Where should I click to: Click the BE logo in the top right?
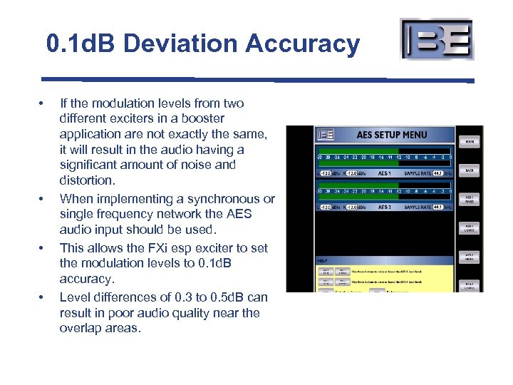pos(437,39)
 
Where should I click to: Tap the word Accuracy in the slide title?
pos(303,44)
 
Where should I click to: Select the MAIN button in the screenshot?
pos(470,141)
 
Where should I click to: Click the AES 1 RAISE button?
pos(470,199)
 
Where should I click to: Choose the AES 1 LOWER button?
pos(470,228)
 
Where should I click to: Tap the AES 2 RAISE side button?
pos(470,257)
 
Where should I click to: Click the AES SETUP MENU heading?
pos(392,134)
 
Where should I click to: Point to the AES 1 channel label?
pos(384,173)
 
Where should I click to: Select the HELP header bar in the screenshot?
pos(384,260)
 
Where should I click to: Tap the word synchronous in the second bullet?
pos(217,198)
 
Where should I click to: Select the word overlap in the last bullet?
pos(81,329)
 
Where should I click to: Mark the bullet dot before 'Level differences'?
pos(43,297)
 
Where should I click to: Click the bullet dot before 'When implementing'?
pos(43,198)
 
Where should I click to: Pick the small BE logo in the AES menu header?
pos(326,134)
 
